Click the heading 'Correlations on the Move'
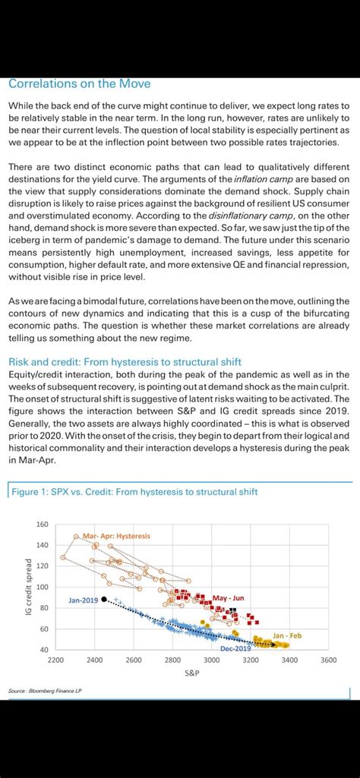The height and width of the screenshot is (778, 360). (x=80, y=83)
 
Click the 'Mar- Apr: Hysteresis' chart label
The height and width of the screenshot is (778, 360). (x=116, y=536)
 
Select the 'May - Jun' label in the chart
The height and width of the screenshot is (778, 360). (x=229, y=598)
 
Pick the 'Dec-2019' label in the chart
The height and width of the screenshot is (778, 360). (x=235, y=649)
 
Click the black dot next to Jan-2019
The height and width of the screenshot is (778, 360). (x=104, y=599)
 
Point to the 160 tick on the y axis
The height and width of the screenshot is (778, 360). (x=42, y=524)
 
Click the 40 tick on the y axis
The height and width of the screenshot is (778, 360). (x=44, y=650)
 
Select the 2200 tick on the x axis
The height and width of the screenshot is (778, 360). (x=55, y=660)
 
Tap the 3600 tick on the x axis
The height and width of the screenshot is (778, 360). (x=328, y=660)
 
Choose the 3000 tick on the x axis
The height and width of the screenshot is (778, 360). (x=211, y=660)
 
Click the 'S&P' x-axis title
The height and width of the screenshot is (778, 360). (x=191, y=672)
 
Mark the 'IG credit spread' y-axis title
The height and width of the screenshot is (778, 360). (x=28, y=587)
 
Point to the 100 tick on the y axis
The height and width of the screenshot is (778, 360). (x=42, y=587)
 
